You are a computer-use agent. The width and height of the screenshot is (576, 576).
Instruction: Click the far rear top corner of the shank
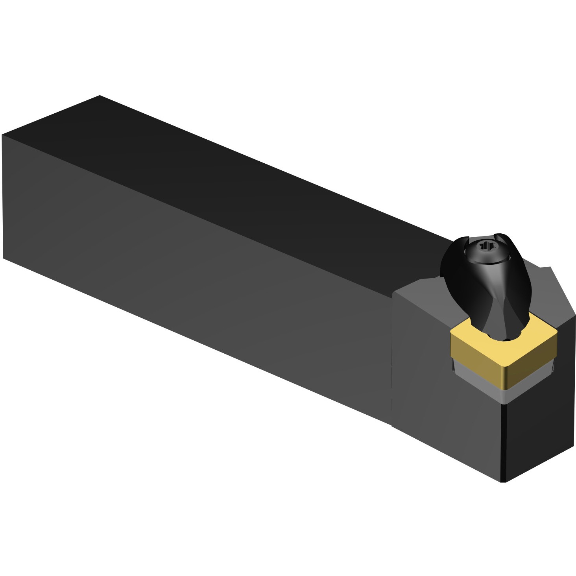(100, 96)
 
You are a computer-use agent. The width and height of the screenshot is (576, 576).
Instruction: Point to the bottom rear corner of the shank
(4, 258)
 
